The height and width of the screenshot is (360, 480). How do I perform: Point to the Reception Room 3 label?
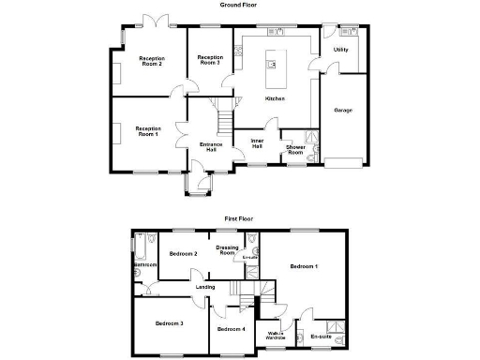[208, 60]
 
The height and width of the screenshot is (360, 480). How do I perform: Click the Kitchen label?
[275, 98]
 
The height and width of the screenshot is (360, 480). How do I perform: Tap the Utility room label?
[340, 50]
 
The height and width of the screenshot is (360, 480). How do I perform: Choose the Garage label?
[343, 110]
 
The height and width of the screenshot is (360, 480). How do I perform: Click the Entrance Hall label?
[211, 147]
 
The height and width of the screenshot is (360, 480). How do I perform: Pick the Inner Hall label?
[256, 143]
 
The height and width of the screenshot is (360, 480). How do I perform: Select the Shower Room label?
[295, 149]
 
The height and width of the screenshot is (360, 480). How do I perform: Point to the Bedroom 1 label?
[304, 267]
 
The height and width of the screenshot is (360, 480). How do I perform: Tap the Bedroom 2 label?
[183, 254]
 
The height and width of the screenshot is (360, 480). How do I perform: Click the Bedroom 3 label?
[169, 323]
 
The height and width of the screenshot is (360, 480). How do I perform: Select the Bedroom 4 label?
[231, 329]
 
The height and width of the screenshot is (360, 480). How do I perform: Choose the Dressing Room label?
[226, 250]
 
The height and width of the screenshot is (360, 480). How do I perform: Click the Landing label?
[204, 287]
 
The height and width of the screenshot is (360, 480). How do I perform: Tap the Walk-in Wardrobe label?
[276, 335]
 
